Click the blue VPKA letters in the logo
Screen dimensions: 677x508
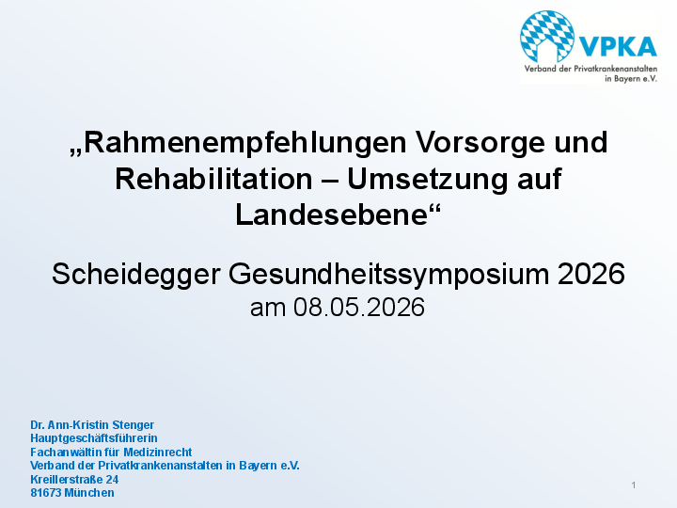tap(618, 47)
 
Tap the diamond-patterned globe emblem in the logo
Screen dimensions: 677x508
tap(547, 37)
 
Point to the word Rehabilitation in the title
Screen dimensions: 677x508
tap(213, 179)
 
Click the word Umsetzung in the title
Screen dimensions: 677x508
tap(428, 180)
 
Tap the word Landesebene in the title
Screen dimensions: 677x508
tap(332, 214)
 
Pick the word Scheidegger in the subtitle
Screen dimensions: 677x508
tap(136, 275)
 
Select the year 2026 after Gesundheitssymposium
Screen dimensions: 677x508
tap(591, 274)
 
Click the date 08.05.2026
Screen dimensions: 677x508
tap(359, 308)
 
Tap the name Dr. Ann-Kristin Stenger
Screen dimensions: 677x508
tap(92, 425)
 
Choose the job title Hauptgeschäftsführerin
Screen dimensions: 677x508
tap(94, 438)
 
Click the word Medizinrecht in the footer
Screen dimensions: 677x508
tap(158, 452)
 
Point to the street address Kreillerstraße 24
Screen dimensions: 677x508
tap(74, 479)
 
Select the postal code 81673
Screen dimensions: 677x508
tap(46, 493)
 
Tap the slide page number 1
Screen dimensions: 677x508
tap(634, 485)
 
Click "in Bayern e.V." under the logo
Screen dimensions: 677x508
tap(631, 79)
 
